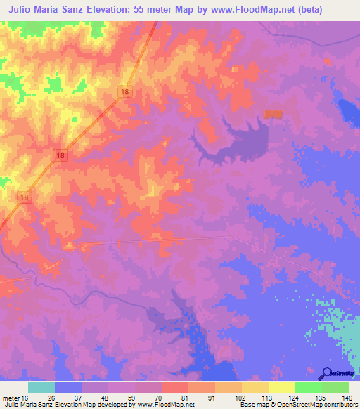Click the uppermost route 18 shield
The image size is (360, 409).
coord(125,92)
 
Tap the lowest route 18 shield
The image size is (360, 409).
coord(25,199)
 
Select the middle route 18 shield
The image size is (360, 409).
coord(62,155)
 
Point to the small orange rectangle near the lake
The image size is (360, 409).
coord(273,115)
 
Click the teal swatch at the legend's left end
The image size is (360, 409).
coord(41,387)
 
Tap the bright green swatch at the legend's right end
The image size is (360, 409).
coord(335,387)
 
